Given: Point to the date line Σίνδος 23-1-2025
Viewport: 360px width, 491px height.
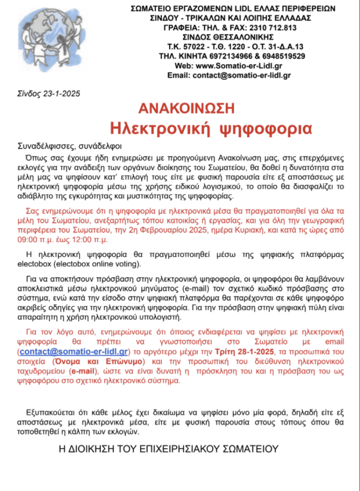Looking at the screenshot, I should (49, 93).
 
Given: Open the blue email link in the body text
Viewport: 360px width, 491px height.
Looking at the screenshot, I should (74, 351).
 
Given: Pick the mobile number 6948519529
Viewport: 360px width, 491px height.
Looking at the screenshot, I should (281, 56).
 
